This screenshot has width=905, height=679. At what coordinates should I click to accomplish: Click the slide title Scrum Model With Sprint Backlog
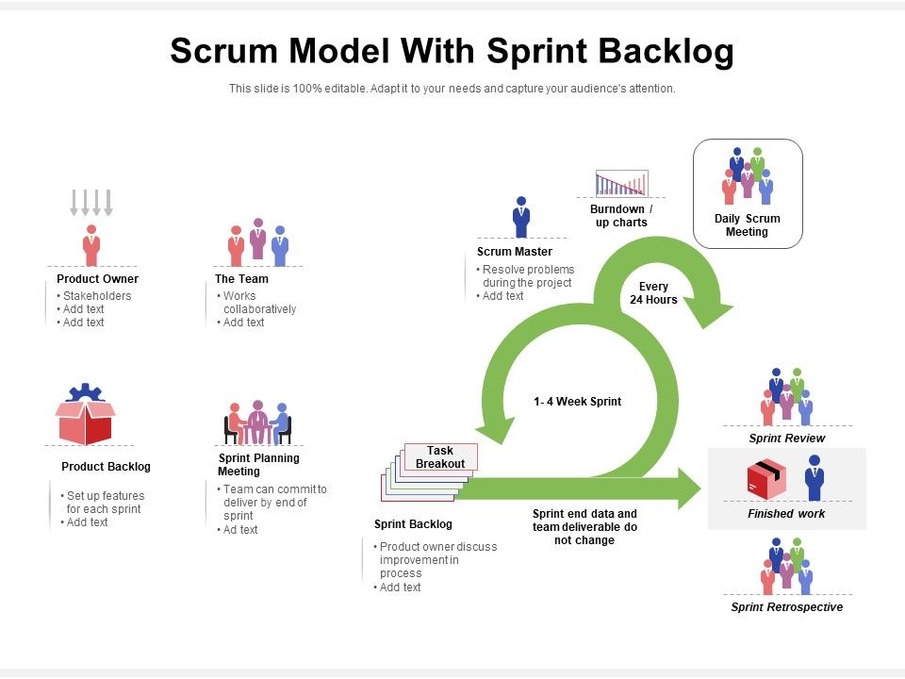click(x=452, y=51)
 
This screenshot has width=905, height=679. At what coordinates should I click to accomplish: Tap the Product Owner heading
click(x=97, y=279)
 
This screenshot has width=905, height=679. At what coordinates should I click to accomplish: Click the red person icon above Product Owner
click(x=90, y=245)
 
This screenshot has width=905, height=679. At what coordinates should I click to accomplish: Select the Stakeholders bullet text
click(x=97, y=296)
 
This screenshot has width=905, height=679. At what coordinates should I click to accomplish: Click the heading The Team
click(x=241, y=279)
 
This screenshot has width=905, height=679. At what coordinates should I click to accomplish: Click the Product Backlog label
click(x=106, y=467)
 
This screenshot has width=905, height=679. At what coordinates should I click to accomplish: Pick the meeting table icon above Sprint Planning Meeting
click(x=257, y=422)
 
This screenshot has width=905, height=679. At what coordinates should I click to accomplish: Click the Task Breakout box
click(x=440, y=456)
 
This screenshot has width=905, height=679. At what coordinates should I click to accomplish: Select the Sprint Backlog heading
click(x=413, y=524)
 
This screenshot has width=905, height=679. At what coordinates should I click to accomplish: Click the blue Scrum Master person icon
click(x=520, y=217)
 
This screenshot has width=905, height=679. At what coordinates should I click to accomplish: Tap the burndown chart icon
click(x=621, y=183)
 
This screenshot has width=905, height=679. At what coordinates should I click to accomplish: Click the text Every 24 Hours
click(x=653, y=293)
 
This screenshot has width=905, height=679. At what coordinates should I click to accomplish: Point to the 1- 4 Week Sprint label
click(x=577, y=402)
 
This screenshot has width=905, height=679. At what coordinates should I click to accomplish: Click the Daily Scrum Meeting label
click(x=747, y=225)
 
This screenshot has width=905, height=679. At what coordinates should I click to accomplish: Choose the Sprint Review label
click(x=786, y=439)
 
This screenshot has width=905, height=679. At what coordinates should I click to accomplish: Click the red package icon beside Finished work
click(x=765, y=479)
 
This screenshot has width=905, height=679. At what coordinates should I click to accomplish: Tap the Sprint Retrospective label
click(x=786, y=607)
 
